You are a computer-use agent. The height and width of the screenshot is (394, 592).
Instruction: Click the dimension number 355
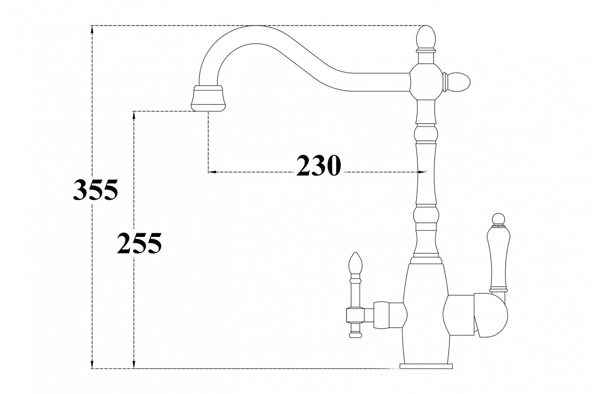point(95,190)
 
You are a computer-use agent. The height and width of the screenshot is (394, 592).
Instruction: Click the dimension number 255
point(139,244)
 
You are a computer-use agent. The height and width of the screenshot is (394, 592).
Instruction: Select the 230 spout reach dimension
point(318,165)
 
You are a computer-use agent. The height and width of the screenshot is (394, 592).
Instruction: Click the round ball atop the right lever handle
point(497,219)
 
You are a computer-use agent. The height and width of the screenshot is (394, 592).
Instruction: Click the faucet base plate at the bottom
point(426,365)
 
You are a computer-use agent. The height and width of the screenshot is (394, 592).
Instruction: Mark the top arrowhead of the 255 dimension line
point(134,115)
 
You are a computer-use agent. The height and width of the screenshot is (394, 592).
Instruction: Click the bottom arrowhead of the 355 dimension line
point(92,365)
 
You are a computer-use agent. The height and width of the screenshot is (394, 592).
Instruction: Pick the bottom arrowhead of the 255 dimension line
point(134,365)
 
